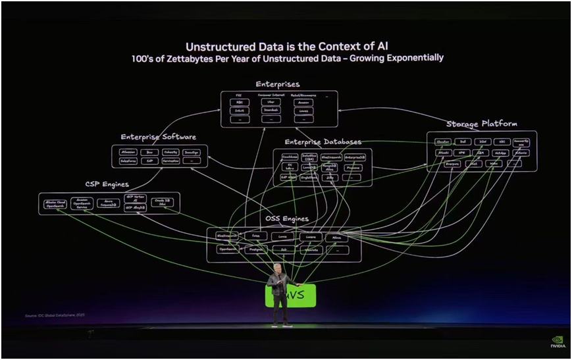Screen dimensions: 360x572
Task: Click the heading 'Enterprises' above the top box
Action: click(x=277, y=84)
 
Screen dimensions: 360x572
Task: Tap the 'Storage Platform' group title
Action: click(x=481, y=124)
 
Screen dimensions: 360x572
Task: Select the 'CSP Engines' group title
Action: click(x=106, y=184)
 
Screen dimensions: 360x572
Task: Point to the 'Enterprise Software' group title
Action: click(x=158, y=137)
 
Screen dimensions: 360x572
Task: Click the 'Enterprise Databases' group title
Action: click(x=323, y=141)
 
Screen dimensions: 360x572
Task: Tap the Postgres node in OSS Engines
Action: click(x=255, y=249)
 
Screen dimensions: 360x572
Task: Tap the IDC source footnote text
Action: click(x=55, y=315)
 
